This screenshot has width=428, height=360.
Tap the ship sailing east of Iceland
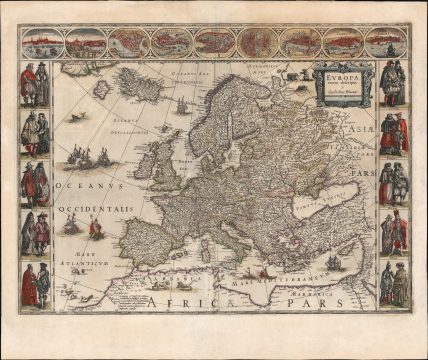[x=183, y=104]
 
